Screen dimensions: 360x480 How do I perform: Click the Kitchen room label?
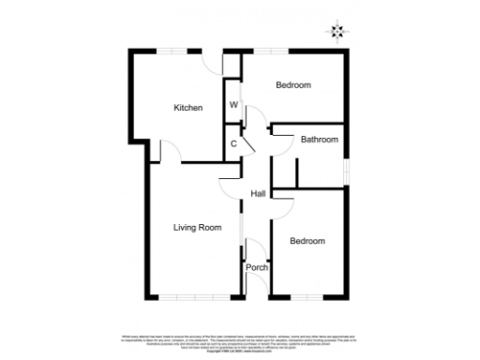pyautogui.click(x=188, y=108)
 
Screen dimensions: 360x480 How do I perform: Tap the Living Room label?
pyautogui.click(x=197, y=227)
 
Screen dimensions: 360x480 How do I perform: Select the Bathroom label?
pyautogui.click(x=319, y=140)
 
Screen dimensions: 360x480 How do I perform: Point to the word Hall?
pyautogui.click(x=259, y=194)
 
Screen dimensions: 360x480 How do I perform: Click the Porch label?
pyautogui.click(x=257, y=267)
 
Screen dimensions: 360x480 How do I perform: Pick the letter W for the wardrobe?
pyautogui.click(x=233, y=104)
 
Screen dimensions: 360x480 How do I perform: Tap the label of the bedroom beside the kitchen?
pyautogui.click(x=292, y=85)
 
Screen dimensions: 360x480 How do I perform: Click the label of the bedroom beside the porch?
pyautogui.click(x=307, y=241)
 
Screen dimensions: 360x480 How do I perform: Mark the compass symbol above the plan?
pyautogui.click(x=337, y=33)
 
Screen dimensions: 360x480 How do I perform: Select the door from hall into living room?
pyautogui.click(x=231, y=186)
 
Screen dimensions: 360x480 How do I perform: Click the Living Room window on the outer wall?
pyautogui.click(x=192, y=298)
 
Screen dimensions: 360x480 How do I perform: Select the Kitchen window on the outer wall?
pyautogui.click(x=171, y=49)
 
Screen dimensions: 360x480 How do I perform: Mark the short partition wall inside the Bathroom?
pyautogui.click(x=296, y=173)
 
